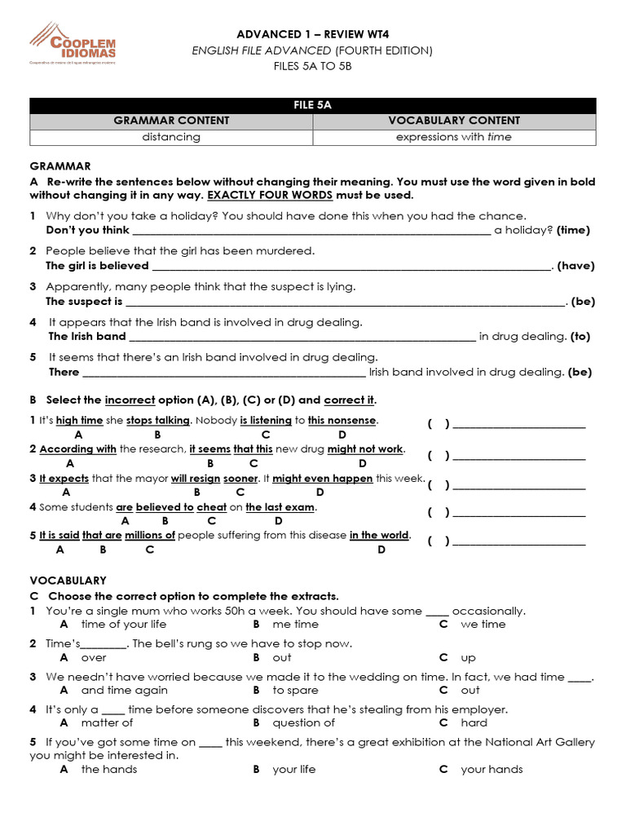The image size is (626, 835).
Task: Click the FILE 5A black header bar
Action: point(313,105)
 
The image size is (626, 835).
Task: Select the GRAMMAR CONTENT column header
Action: point(171,121)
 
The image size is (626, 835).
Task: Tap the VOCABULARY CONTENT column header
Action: point(454,121)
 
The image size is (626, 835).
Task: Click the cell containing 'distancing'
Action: point(171,137)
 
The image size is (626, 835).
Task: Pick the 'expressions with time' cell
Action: point(454,137)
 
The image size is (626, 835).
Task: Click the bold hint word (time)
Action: point(573,230)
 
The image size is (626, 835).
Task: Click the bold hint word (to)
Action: point(580,336)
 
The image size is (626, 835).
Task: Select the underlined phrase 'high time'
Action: point(79,421)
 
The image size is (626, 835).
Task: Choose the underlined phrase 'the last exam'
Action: point(280,507)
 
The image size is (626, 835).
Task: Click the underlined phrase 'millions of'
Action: point(149,536)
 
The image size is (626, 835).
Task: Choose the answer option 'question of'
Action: point(303,722)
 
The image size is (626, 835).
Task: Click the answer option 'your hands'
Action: point(492,770)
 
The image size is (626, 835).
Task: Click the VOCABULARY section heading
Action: point(68,581)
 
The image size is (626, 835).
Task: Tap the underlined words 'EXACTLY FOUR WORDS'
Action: point(270,196)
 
